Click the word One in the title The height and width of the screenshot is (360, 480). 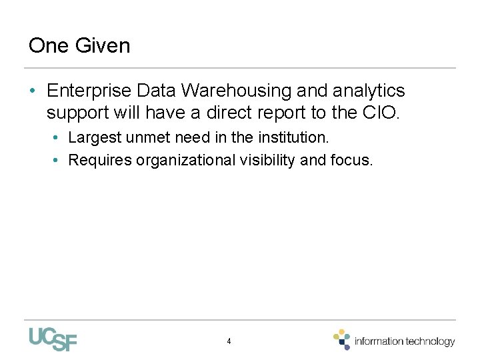pyautogui.click(x=49, y=46)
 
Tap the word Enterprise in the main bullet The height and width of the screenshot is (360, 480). pyautogui.click(x=91, y=91)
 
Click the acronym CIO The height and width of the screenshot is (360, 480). pyautogui.click(x=381, y=113)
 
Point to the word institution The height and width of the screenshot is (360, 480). pyautogui.click(x=293, y=138)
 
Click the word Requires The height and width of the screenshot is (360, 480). pyautogui.click(x=100, y=160)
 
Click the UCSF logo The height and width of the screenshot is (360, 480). pyautogui.click(x=53, y=339)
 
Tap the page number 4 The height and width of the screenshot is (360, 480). pyautogui.click(x=229, y=341)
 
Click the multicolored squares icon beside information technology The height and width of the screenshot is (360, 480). pyautogui.click(x=342, y=339)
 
